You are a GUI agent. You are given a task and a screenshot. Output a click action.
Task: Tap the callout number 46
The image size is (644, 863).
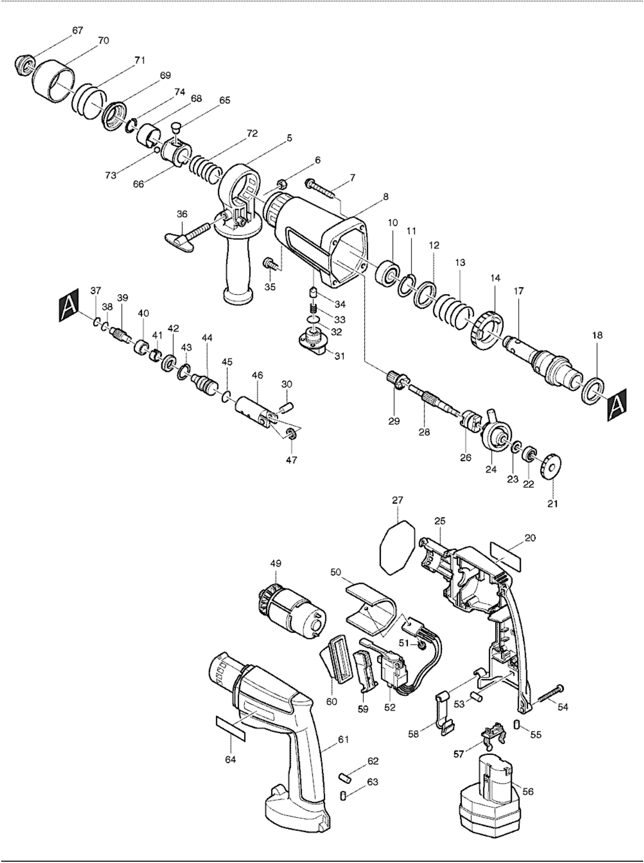coord(257,375)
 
